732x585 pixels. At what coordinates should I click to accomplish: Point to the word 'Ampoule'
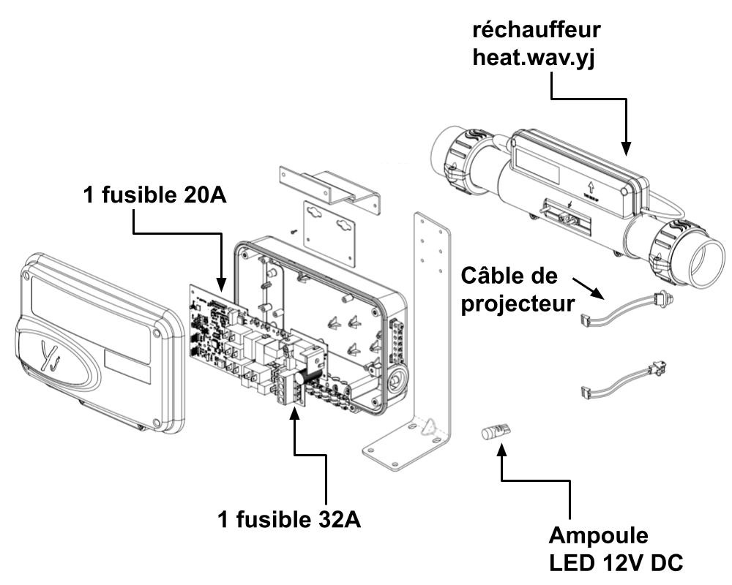point(599,535)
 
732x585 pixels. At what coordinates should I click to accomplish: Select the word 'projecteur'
point(518,303)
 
